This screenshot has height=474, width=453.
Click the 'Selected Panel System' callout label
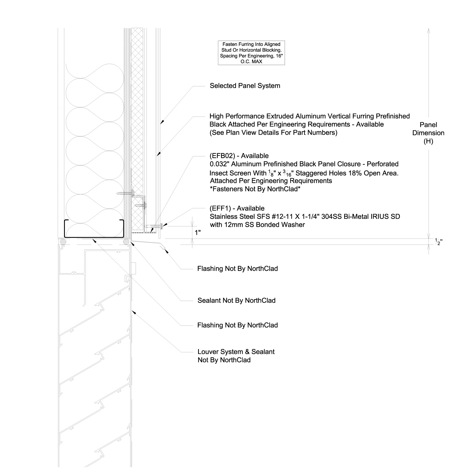click(x=245, y=86)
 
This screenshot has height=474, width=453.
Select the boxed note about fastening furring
click(x=251, y=53)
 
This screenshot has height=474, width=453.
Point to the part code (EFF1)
click(x=220, y=208)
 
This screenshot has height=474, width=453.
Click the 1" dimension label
click(x=198, y=233)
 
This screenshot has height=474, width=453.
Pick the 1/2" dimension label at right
click(x=438, y=242)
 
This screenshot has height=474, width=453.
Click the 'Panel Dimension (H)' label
click(x=428, y=133)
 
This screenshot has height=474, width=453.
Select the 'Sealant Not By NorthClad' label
click(x=236, y=300)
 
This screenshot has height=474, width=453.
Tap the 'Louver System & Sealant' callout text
click(x=236, y=352)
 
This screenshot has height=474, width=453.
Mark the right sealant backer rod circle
click(x=127, y=242)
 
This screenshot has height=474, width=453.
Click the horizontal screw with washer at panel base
click(x=154, y=226)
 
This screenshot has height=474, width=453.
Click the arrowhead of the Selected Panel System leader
click(x=162, y=122)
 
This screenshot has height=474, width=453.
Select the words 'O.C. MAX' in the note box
click(x=251, y=62)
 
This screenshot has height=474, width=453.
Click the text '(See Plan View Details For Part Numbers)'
click(x=273, y=133)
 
